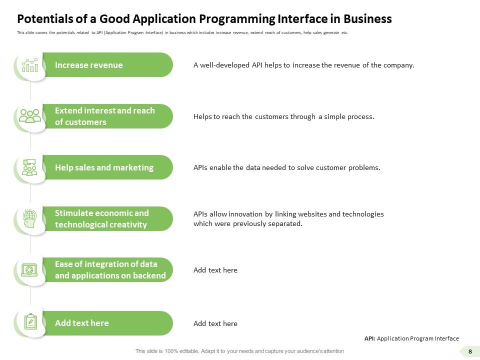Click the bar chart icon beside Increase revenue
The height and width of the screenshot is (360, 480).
29,65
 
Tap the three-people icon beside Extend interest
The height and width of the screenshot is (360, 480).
29,116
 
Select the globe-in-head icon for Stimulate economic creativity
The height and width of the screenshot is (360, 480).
29,218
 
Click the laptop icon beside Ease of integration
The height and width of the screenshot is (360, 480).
29,270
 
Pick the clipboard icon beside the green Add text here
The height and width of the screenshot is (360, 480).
30,321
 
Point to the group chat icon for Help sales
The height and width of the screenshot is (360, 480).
29,167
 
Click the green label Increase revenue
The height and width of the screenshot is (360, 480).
88,65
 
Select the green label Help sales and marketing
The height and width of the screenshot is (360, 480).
104,167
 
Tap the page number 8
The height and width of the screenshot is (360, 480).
470,351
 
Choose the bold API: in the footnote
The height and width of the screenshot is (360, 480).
369,338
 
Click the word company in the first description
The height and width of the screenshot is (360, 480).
398,65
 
